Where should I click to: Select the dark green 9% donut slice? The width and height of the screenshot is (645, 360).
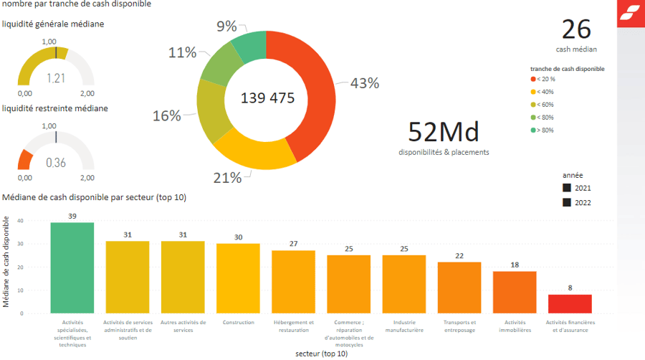tap(248, 47)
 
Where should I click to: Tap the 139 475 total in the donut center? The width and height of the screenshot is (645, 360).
tap(267, 98)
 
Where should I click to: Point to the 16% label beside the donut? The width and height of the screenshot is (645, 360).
tap(166, 115)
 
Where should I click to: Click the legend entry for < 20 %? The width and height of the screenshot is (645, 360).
tap(545, 79)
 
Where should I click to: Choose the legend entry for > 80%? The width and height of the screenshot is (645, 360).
tap(545, 131)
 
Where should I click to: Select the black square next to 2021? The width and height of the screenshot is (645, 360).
tap(567, 188)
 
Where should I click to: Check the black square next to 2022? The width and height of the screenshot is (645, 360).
tap(567, 202)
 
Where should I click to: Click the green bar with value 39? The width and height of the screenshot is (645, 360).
tap(72, 267)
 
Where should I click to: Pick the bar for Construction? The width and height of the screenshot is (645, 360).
tap(238, 278)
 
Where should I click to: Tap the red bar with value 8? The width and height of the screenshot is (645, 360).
tap(570, 304)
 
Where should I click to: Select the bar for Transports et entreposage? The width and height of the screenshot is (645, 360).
tap(459, 288)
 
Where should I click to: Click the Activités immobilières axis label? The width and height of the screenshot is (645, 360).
tap(515, 326)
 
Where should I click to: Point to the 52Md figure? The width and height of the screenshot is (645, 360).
tap(444, 132)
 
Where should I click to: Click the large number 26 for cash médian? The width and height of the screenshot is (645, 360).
tap(576, 29)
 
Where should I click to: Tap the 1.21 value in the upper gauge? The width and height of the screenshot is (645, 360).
tap(56, 78)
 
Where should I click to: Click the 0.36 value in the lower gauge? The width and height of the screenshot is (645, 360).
tap(56, 163)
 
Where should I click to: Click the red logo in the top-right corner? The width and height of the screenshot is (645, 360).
tap(631, 13)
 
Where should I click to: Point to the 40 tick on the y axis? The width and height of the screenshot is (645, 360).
tap(21, 221)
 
